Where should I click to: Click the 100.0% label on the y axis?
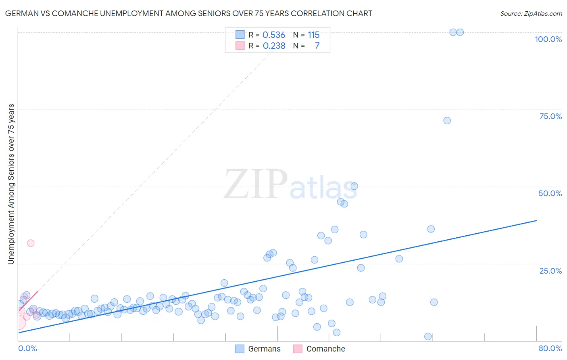548,39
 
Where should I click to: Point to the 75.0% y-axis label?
550,116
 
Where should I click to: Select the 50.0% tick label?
550,193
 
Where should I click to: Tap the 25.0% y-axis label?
550,271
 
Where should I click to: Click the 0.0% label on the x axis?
27,348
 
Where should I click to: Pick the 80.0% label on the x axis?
550,348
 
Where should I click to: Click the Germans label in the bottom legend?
264,349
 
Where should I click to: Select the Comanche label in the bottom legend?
325,349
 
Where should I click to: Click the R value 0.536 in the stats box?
274,35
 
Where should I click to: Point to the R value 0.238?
274,46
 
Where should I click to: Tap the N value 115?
313,35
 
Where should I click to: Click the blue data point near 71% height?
447,121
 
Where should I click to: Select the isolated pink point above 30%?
31,243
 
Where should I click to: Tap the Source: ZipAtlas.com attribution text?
531,13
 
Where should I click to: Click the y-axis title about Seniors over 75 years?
11,184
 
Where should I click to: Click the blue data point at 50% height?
354,186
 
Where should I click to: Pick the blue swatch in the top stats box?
240,35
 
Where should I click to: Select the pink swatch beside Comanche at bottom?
298,349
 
